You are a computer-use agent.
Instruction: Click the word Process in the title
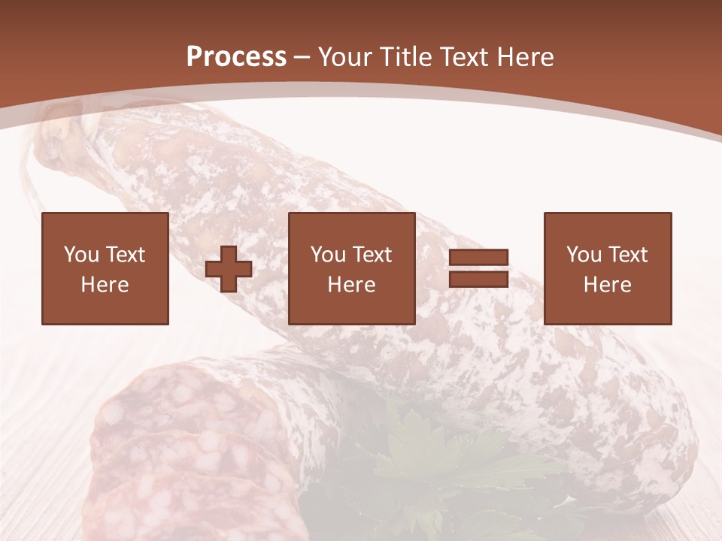[x=236, y=56]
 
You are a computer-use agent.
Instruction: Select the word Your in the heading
[x=347, y=57]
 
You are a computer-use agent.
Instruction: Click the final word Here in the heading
[x=526, y=57]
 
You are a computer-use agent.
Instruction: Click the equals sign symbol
[x=478, y=268]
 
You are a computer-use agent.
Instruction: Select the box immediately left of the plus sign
[x=105, y=268]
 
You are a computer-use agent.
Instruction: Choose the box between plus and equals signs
[x=352, y=268]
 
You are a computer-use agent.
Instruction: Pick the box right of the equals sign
[x=608, y=268]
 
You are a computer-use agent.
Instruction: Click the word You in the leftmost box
[x=81, y=255]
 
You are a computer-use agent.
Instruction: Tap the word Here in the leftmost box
[x=105, y=285]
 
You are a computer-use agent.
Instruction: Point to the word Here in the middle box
[x=352, y=285]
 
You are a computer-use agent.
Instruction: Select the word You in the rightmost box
[x=584, y=255]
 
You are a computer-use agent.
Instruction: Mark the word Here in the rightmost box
[x=608, y=285]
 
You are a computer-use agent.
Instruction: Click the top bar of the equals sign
[x=478, y=258]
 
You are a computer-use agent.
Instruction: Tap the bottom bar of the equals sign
[x=478, y=279]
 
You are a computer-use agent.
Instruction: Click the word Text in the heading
[x=463, y=57]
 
